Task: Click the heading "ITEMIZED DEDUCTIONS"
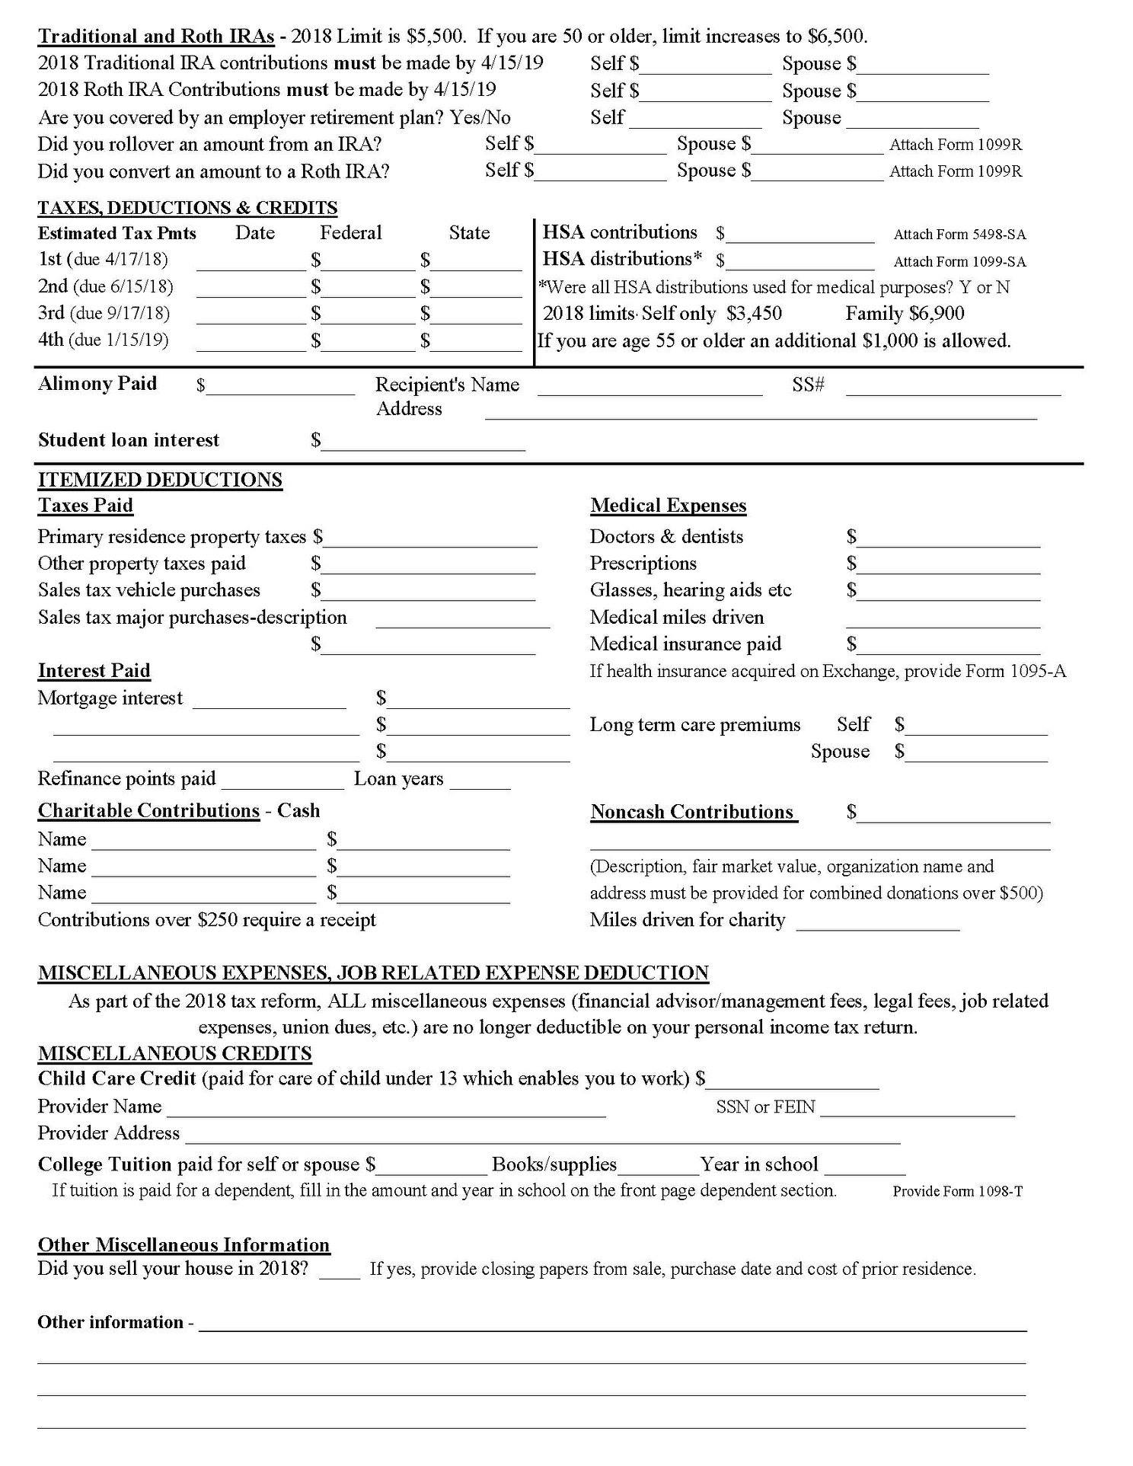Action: click(160, 480)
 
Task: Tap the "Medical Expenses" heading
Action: click(668, 506)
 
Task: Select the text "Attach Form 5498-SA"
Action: click(959, 235)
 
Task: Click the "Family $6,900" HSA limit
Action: click(905, 314)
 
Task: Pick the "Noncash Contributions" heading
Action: click(694, 812)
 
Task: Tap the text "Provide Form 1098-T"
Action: click(957, 1191)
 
